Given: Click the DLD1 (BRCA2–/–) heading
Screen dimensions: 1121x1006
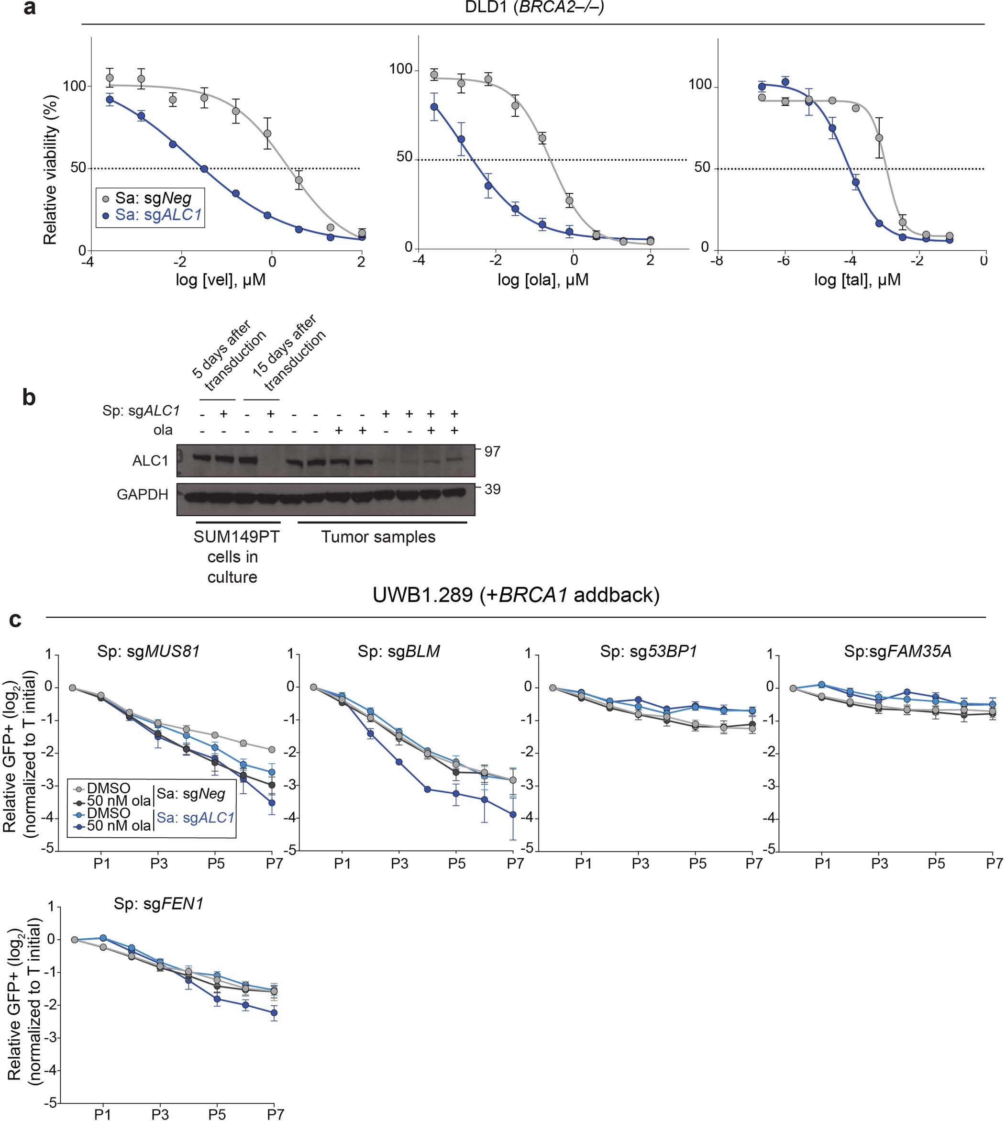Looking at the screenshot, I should (533, 8).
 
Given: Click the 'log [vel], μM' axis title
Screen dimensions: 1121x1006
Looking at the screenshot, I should (221, 280).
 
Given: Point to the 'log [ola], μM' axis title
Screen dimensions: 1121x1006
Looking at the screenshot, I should (543, 280).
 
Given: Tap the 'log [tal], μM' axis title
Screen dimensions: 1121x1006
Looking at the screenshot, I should (857, 280).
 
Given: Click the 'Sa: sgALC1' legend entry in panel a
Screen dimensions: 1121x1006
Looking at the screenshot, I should (157, 215).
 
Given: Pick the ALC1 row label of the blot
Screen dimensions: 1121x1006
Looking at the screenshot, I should (150, 460).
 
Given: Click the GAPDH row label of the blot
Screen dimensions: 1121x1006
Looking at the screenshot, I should (142, 494).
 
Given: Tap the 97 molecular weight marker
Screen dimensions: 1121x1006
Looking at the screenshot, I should (492, 452).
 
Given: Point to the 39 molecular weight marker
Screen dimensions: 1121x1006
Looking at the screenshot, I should (492, 489).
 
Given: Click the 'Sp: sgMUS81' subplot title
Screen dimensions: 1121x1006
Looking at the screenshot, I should (148, 652).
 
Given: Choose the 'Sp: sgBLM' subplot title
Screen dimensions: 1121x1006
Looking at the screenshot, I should (398, 652).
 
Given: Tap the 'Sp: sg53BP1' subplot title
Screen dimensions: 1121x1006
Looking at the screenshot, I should (648, 652).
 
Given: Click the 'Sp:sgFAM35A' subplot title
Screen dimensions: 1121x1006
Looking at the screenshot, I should (897, 652).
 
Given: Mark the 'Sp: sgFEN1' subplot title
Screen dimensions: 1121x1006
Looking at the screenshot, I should (159, 904).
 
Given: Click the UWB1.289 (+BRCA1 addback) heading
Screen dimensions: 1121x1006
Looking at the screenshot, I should (516, 595).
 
